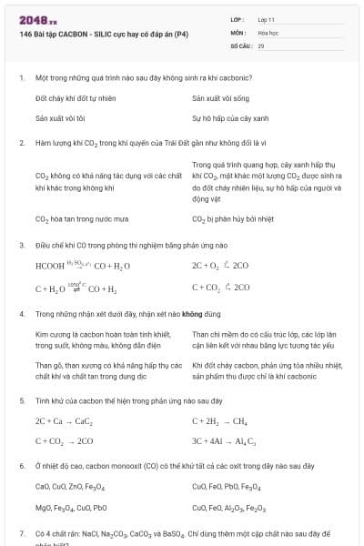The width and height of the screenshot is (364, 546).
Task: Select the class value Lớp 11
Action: (267, 19)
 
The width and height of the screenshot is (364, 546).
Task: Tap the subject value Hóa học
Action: (268, 32)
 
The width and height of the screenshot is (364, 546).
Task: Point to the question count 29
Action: (261, 45)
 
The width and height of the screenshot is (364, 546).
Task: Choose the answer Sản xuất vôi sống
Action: (220, 97)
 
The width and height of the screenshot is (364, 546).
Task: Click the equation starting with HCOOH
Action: (82, 266)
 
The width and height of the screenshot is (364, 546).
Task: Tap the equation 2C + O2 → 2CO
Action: (220, 266)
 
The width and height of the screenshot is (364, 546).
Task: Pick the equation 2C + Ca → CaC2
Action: (64, 422)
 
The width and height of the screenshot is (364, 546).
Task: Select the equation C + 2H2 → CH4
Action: (219, 422)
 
